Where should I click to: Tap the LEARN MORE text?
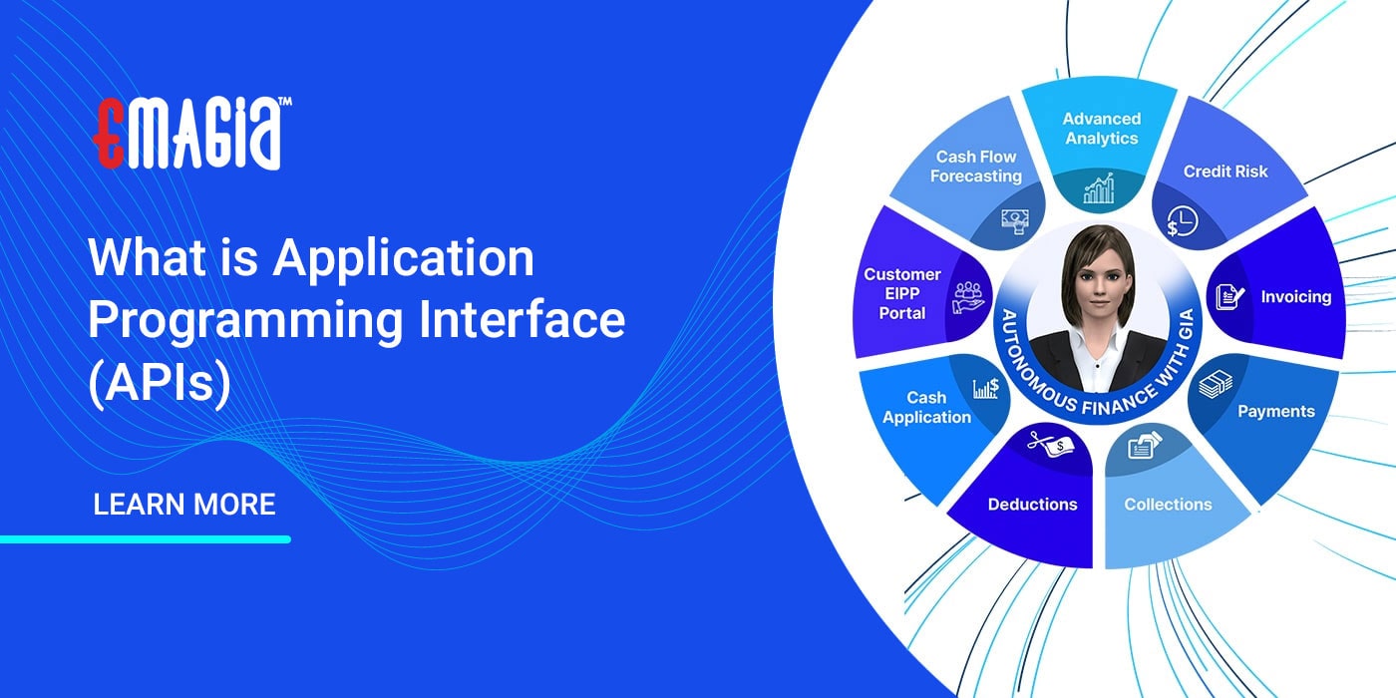pyautogui.click(x=184, y=505)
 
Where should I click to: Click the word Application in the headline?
pyautogui.click(x=404, y=259)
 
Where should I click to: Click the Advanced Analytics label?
pyautogui.click(x=1101, y=129)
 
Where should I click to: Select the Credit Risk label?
pyautogui.click(x=1225, y=172)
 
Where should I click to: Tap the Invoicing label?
pyautogui.click(x=1295, y=297)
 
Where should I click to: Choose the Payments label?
pyautogui.click(x=1275, y=411)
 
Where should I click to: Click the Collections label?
pyautogui.click(x=1168, y=505)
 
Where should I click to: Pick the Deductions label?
pyautogui.click(x=1032, y=505)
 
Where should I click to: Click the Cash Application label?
pyautogui.click(x=926, y=408)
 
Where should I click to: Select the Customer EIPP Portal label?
pyautogui.click(x=901, y=293)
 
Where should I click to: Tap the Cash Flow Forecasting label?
pyautogui.click(x=975, y=167)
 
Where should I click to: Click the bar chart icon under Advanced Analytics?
pyautogui.click(x=1099, y=187)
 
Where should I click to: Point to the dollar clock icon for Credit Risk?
pyautogui.click(x=1180, y=221)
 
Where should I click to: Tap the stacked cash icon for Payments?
pyautogui.click(x=1215, y=384)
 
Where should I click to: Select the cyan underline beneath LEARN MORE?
pyautogui.click(x=146, y=539)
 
